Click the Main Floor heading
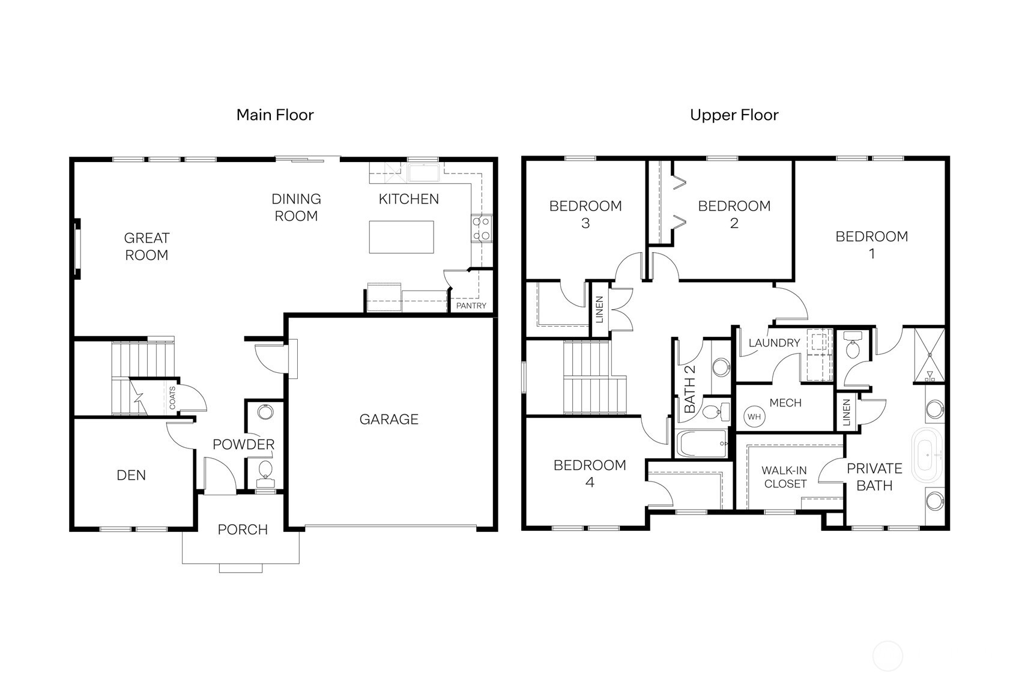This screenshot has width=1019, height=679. pyautogui.click(x=275, y=115)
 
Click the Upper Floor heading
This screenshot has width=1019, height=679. pyautogui.click(x=734, y=115)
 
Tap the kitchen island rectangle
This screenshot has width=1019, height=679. pyautogui.click(x=401, y=237)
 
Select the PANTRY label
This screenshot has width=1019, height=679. pyautogui.click(x=471, y=306)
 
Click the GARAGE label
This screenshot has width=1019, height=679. pyautogui.click(x=389, y=419)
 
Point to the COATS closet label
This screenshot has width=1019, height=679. pyautogui.click(x=173, y=397)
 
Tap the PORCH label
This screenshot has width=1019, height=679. pyautogui.click(x=243, y=530)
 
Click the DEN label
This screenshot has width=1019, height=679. pyautogui.click(x=131, y=475)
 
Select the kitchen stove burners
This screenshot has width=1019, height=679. pyautogui.click(x=482, y=229)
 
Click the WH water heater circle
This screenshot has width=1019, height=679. pyautogui.click(x=754, y=417)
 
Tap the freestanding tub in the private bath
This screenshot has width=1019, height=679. pyautogui.click(x=928, y=454)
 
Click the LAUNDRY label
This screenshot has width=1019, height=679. pyautogui.click(x=774, y=343)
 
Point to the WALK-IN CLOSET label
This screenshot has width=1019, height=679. pyautogui.click(x=785, y=477)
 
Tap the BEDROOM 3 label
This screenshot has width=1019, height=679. pyautogui.click(x=585, y=214)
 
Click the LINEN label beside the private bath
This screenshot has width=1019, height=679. pyautogui.click(x=847, y=412)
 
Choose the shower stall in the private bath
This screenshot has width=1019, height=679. pyautogui.click(x=930, y=355)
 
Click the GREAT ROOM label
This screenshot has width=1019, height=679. pyautogui.click(x=147, y=246)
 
